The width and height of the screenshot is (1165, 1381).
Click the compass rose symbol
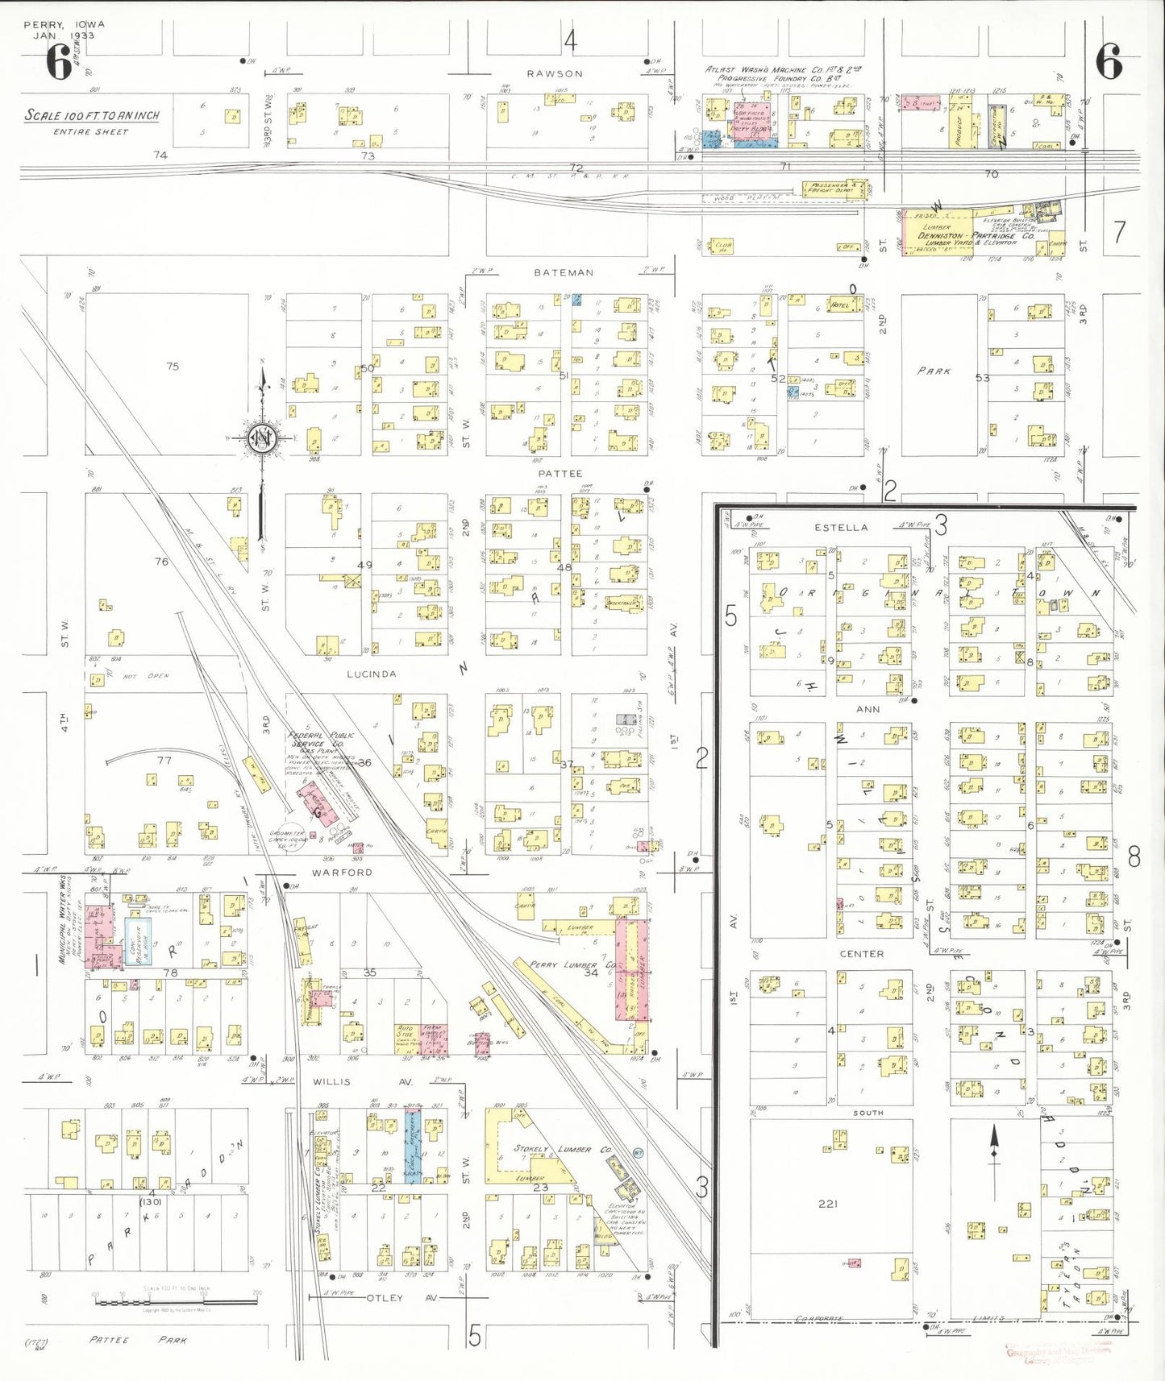262,438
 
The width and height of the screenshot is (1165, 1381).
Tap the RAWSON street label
555,73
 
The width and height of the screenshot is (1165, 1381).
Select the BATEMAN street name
564,272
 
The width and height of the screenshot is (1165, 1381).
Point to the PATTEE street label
560,474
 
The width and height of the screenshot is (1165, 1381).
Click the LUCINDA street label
372,674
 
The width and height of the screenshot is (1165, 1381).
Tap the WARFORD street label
342,872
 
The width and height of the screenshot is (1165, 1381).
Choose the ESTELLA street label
841,528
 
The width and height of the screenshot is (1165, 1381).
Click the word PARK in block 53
934,371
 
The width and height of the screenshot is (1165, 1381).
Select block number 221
828,1204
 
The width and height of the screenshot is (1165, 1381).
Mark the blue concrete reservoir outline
136,942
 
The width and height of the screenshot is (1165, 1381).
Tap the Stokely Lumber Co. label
564,1149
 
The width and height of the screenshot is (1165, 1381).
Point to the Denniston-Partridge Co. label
976,236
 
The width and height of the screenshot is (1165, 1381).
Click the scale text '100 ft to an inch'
91,115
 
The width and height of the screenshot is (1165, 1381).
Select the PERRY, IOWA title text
64,24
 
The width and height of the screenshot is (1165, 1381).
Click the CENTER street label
861,954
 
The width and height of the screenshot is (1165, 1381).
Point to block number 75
173,366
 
